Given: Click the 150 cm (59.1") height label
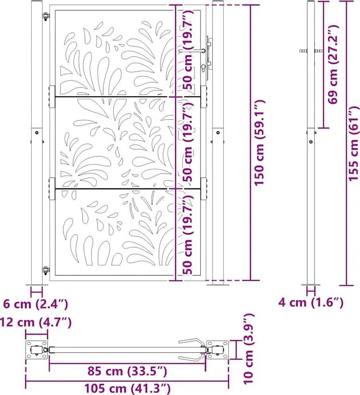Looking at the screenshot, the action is (259, 143).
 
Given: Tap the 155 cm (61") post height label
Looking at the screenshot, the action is (354, 143).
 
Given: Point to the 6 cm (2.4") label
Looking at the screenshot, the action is (35, 304).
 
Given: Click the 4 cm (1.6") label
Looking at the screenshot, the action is (311, 302).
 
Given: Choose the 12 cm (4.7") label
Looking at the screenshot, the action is (35, 322).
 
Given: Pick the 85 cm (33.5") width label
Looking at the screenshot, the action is (127, 371).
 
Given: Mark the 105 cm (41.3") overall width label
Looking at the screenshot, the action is (127, 389).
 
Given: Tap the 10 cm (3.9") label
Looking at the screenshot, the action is (249, 349).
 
